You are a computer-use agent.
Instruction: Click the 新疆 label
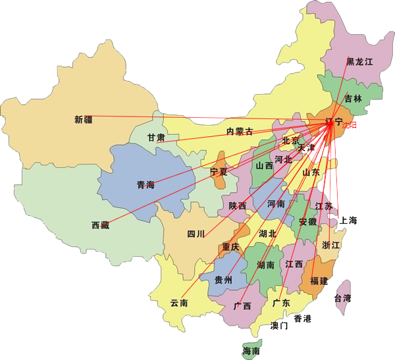(84, 120)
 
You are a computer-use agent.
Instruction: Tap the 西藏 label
(101, 226)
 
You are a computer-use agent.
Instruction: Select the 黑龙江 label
(359, 62)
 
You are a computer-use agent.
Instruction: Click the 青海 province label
(145, 185)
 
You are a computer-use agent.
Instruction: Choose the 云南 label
(179, 303)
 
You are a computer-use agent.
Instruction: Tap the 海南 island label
(251, 351)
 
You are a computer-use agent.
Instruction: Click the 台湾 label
(343, 298)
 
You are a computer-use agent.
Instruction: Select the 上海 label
(348, 220)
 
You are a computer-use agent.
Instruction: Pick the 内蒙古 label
(240, 132)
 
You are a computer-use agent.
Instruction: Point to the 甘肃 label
(156, 138)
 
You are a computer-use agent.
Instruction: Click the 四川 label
(196, 234)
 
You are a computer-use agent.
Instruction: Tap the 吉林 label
(353, 99)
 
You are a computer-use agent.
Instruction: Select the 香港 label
(302, 319)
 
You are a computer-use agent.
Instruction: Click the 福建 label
(319, 281)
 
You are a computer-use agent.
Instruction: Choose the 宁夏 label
(219, 172)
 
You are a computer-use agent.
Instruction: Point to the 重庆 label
(231, 247)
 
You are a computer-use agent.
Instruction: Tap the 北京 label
(290, 140)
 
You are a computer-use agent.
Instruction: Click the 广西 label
(242, 306)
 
